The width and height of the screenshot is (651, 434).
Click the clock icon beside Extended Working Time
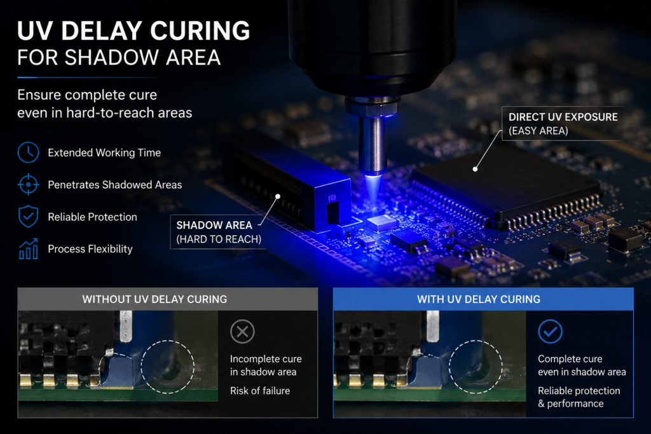(x=28, y=153)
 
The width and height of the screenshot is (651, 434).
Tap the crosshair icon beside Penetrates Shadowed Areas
(x=28, y=184)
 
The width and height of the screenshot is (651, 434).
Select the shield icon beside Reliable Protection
(x=28, y=216)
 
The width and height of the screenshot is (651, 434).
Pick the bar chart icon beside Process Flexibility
(x=28, y=249)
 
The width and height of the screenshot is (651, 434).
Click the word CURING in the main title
(x=200, y=31)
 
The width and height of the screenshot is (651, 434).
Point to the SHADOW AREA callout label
(x=216, y=232)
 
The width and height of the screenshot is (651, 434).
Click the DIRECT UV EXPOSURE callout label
(x=563, y=124)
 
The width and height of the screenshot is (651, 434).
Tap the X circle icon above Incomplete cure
(x=242, y=332)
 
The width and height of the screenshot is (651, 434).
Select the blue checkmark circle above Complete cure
(x=550, y=331)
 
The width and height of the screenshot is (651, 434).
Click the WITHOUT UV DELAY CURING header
(x=154, y=299)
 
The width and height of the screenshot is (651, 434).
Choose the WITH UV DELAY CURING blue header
(x=479, y=299)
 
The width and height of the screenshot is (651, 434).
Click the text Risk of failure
(x=260, y=390)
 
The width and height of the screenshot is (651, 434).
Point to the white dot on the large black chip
(x=475, y=169)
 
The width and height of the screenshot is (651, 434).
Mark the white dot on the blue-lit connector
(x=278, y=196)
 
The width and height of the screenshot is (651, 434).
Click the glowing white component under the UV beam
(x=381, y=222)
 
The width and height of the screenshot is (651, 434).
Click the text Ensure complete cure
(x=87, y=95)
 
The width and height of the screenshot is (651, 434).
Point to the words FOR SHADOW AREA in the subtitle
(x=119, y=57)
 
